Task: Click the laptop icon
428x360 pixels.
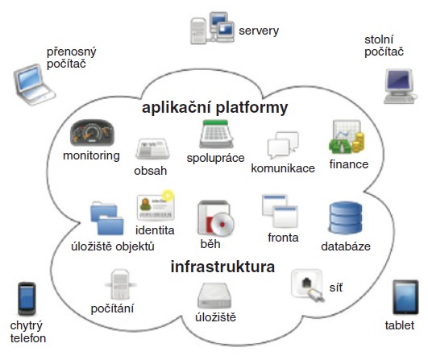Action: (34, 85)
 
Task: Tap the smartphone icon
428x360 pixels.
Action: (27, 299)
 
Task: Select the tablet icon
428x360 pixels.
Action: (405, 297)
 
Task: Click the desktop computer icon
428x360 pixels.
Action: (400, 86)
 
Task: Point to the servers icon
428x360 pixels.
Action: (212, 28)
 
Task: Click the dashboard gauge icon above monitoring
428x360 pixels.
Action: (92, 133)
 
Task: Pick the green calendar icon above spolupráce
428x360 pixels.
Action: (216, 134)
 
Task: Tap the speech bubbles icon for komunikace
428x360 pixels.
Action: (283, 145)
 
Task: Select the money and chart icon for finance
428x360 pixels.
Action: (347, 137)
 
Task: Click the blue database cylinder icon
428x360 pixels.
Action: (346, 218)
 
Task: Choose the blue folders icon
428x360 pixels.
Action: (106, 218)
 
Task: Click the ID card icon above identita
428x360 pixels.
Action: (156, 205)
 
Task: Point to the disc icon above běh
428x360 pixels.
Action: (216, 218)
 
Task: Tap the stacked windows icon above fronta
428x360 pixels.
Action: (280, 210)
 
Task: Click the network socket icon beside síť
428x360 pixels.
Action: (308, 285)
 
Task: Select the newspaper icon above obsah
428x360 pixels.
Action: (152, 149)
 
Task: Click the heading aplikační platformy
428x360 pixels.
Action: (215, 107)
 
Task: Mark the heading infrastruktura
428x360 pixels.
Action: (222, 267)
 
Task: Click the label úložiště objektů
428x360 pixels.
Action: (113, 246)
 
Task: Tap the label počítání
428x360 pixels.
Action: (112, 308)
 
